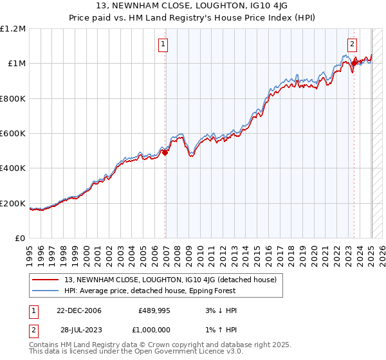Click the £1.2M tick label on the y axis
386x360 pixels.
pyautogui.click(x=13, y=29)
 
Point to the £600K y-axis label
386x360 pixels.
pyautogui.click(x=13, y=134)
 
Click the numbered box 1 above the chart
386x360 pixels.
pyautogui.click(x=163, y=44)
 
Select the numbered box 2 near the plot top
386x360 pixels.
pyautogui.click(x=353, y=44)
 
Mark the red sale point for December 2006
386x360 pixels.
pyautogui.click(x=165, y=152)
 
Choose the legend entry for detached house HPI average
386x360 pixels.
pyautogui.click(x=150, y=291)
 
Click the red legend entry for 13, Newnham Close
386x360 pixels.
pyautogui.click(x=170, y=280)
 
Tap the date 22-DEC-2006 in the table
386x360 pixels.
pyautogui.click(x=79, y=311)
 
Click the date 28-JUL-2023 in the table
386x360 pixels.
pyautogui.click(x=78, y=330)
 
